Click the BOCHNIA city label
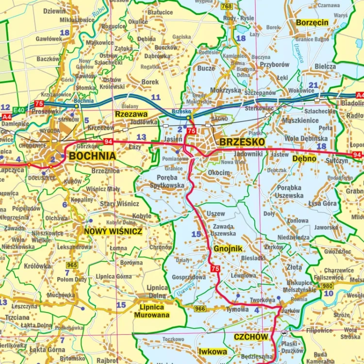92,156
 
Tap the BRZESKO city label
242,142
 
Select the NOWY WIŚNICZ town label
113,232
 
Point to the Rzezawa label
131,114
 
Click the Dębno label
304,159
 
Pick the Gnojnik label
228,248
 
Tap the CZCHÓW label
250,337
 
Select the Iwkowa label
213,351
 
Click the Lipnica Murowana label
152,311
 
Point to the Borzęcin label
313,23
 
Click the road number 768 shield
226,6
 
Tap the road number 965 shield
72,265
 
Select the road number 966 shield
199,309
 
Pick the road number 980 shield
328,285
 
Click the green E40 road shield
19,110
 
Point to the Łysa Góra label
323,204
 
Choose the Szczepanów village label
260,93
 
